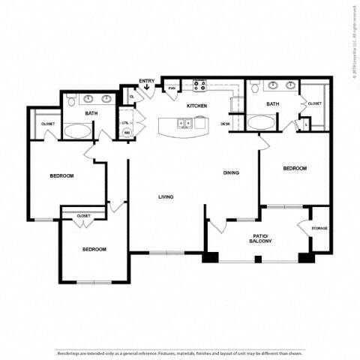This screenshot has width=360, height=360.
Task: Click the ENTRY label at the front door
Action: [146, 80]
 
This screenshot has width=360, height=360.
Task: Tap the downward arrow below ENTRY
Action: [147, 88]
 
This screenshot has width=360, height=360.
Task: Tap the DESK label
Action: [225, 124]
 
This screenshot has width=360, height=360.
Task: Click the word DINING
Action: [231, 173]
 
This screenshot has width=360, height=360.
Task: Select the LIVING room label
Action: [166, 197]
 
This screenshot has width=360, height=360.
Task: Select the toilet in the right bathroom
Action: [256, 89]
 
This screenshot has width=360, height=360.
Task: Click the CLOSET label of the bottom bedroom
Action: [84, 216]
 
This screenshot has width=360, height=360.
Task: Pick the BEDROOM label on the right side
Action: [295, 169]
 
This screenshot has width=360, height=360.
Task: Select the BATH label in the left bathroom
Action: [91, 113]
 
